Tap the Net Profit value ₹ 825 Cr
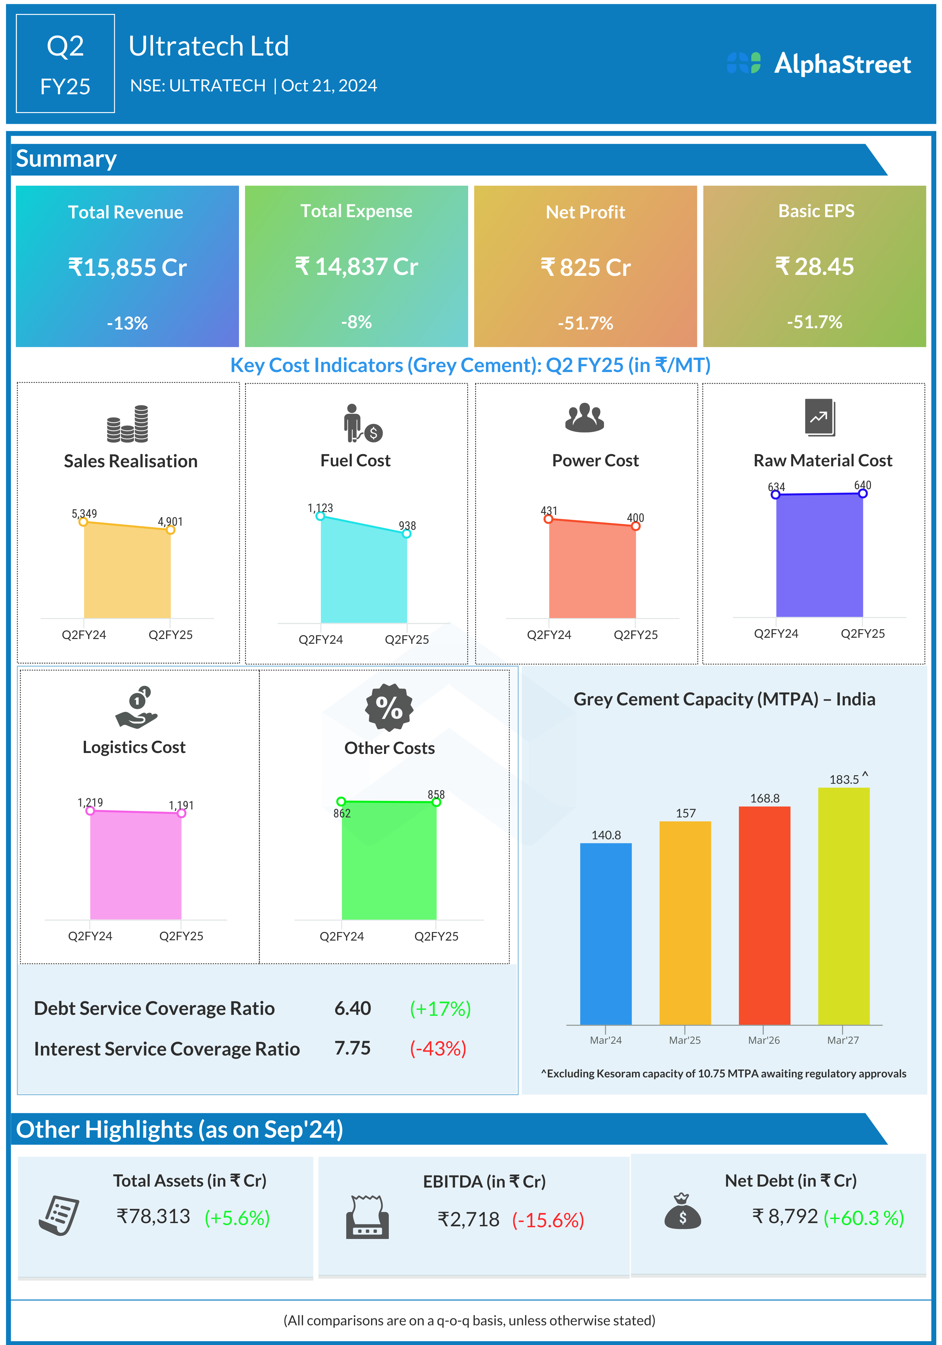585,267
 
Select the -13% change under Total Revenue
127,323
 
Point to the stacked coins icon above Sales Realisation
128,423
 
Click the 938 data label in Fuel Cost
407,525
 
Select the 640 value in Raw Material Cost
862,485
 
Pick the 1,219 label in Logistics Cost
90,802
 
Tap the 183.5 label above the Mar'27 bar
844,779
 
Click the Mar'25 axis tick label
685,1040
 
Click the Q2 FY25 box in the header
65,63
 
